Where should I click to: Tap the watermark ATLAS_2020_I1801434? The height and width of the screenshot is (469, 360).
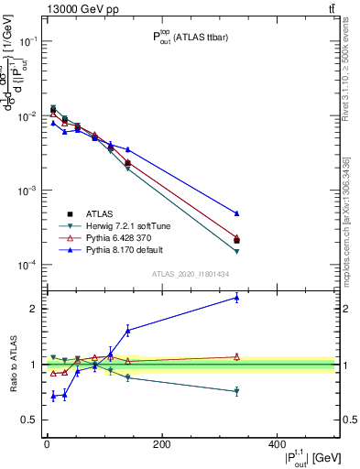point(190,274)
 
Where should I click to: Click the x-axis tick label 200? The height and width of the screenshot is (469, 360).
point(161,445)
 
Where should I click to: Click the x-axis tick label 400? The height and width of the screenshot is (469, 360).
point(277,445)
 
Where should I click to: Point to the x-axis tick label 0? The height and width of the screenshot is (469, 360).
point(47,445)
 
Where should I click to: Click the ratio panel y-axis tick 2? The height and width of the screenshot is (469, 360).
point(31,309)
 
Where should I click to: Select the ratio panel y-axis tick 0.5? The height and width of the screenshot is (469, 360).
point(27,420)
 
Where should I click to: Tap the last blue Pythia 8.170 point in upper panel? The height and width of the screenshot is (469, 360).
point(236,213)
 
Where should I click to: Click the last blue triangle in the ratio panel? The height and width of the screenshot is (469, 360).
point(236,297)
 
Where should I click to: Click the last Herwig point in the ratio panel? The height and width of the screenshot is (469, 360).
point(236,391)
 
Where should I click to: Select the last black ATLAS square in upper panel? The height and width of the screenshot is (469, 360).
point(236,241)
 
